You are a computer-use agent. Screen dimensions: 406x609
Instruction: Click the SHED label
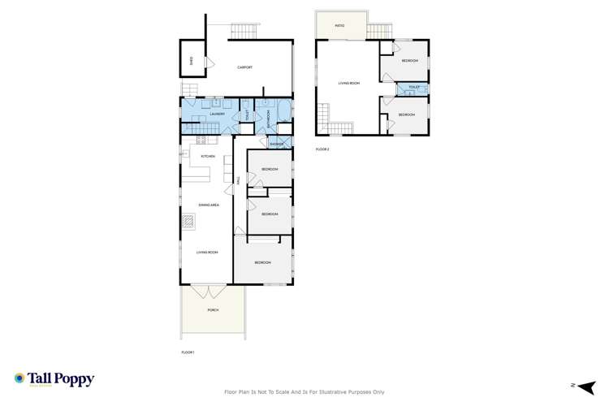click(191, 61)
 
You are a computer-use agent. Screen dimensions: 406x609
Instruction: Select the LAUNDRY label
click(216, 114)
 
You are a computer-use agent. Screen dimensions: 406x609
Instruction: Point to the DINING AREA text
click(209, 205)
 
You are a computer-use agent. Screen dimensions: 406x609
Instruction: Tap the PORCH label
click(212, 309)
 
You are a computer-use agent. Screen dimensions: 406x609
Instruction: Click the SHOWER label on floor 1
click(266, 144)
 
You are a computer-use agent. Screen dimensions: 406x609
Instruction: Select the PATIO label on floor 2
click(340, 26)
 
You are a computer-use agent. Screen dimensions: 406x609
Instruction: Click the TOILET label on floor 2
click(414, 87)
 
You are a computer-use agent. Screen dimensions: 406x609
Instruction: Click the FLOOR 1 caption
click(188, 352)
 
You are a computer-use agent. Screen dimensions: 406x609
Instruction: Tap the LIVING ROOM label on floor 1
click(208, 253)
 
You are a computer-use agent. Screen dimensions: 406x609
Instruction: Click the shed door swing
click(207, 62)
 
